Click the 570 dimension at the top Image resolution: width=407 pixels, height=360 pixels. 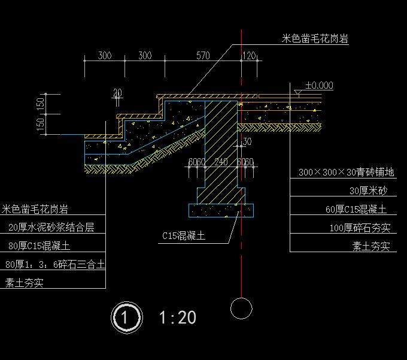click(x=203, y=56)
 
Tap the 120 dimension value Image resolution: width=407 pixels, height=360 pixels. click(x=248, y=56)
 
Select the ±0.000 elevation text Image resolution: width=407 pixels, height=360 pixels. click(x=319, y=86)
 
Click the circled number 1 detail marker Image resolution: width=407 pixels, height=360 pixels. click(x=126, y=317)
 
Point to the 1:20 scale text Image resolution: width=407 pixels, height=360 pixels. click(x=178, y=317)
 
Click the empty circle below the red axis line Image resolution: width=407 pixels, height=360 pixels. click(x=241, y=308)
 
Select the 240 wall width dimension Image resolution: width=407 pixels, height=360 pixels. click(x=221, y=162)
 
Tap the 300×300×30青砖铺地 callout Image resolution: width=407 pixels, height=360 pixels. click(x=346, y=173)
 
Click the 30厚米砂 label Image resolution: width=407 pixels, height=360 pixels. click(x=368, y=191)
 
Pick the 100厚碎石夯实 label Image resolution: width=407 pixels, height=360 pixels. click(x=360, y=228)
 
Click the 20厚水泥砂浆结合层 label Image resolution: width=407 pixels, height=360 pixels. click(x=51, y=228)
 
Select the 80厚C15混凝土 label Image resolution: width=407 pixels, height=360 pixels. click(x=39, y=246)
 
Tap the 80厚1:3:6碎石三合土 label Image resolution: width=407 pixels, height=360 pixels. click(x=54, y=264)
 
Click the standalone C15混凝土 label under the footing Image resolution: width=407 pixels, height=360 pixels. click(x=183, y=236)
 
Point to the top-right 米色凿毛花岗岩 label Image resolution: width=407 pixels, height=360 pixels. click(x=315, y=39)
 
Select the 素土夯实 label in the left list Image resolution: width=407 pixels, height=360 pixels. click(x=24, y=283)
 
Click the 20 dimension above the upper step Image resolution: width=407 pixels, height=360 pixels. click(x=117, y=93)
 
